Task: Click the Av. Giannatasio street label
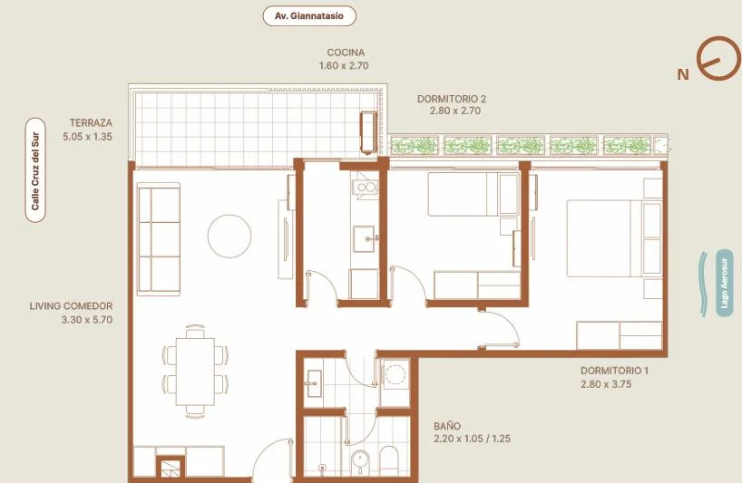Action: [309, 16]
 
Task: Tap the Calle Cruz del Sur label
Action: [35, 170]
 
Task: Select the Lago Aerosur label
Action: [724, 283]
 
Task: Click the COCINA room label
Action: [346, 53]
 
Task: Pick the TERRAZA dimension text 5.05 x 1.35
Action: [88, 137]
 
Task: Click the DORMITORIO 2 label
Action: [452, 100]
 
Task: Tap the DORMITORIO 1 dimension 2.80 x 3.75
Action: [606, 384]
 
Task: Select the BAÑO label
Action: [447, 426]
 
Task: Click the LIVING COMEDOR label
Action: [71, 305]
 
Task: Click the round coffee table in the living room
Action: [229, 236]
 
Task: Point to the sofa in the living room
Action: [159, 239]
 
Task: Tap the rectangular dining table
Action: [195, 371]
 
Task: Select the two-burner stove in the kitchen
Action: [366, 188]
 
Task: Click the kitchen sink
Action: [366, 238]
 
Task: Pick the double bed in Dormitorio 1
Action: [614, 238]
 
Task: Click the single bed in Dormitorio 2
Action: [474, 194]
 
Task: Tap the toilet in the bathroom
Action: [389, 459]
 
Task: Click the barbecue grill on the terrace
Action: [368, 132]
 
